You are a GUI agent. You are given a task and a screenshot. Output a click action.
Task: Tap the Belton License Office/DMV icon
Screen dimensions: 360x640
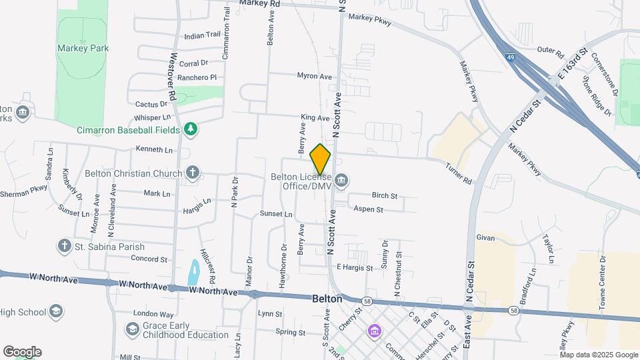pyautogui.click(x=341, y=179)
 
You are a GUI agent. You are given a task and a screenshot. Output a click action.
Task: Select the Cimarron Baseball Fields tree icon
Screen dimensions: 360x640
pyautogui.click(x=191, y=129)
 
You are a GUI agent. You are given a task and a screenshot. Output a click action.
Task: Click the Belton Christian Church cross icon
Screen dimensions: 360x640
pyautogui.click(x=192, y=173)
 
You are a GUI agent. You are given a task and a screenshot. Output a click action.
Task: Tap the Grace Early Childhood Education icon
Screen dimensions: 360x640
pyautogui.click(x=132, y=329)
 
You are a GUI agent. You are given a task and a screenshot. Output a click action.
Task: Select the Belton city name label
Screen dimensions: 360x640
pyautogui.click(x=327, y=299)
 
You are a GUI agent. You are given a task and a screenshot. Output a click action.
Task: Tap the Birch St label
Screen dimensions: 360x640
pyautogui.click(x=385, y=196)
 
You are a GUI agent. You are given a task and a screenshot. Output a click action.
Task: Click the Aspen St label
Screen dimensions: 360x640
pyautogui.click(x=369, y=209)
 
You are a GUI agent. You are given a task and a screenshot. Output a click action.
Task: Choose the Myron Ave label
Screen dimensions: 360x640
pyautogui.click(x=314, y=77)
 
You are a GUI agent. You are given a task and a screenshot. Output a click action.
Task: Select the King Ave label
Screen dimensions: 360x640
pyautogui.click(x=315, y=118)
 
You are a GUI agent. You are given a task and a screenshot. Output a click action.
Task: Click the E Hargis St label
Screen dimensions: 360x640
pyautogui.click(x=354, y=267)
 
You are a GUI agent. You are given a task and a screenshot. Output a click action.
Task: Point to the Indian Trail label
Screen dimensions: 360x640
pyautogui.click(x=202, y=35)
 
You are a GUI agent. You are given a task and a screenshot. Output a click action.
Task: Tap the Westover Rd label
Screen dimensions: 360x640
pyautogui.click(x=173, y=77)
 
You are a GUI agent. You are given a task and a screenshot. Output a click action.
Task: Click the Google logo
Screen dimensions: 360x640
pyautogui.click(x=22, y=352)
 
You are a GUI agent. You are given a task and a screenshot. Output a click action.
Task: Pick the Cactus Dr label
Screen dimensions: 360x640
pyautogui.click(x=151, y=104)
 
